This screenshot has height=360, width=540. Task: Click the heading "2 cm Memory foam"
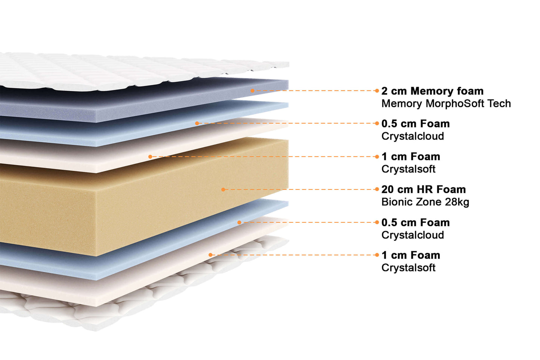click(432, 91)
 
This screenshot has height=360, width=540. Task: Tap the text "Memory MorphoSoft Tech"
click(446, 104)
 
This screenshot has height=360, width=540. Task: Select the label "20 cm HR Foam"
click(423, 190)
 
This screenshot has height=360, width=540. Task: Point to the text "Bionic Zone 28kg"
click(425, 202)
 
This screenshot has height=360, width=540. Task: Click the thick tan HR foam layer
click(149, 202)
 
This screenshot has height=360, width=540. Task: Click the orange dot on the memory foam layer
click(253, 91)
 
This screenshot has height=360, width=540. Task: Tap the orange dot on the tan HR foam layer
click(223, 190)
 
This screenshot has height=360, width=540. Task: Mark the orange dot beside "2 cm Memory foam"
click(377, 91)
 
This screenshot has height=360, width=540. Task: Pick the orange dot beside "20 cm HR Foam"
click(377, 190)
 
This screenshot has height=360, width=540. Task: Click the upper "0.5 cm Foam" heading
click(415, 124)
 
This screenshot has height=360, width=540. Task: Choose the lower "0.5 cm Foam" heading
click(415, 222)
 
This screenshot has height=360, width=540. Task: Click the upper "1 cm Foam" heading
click(410, 157)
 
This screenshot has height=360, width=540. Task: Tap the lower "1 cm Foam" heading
click(410, 255)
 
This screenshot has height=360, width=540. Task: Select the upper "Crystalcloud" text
click(413, 136)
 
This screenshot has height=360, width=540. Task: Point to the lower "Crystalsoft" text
click(408, 268)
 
